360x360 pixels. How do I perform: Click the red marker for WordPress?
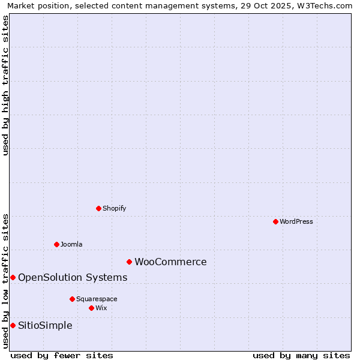pyautogui.click(x=275, y=221)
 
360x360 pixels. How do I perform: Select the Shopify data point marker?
pyautogui.click(x=98, y=208)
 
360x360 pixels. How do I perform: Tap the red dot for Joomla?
pyautogui.click(x=56, y=244)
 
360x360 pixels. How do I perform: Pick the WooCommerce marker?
pyautogui.click(x=129, y=262)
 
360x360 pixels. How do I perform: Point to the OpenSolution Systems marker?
pyautogui.click(x=13, y=277)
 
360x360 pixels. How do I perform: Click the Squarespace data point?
pyautogui.click(x=72, y=299)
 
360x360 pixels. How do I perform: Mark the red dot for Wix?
pyautogui.click(x=91, y=308)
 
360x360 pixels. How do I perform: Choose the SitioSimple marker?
pyautogui.click(x=13, y=325)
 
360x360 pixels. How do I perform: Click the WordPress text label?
pyautogui.click(x=296, y=221)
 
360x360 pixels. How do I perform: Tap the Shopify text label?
pyautogui.click(x=115, y=208)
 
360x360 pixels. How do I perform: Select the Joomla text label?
pyautogui.click(x=71, y=244)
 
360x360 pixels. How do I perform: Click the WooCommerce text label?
pyautogui.click(x=170, y=262)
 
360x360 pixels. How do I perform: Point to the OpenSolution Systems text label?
pyautogui.click(x=73, y=277)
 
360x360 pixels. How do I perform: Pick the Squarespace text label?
pyautogui.click(x=97, y=299)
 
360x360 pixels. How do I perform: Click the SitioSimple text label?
pyautogui.click(x=45, y=325)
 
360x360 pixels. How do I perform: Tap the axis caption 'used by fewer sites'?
pyautogui.click(x=62, y=355)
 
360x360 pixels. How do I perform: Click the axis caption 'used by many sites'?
pyautogui.click(x=301, y=355)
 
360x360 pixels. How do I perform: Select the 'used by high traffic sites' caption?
pyautogui.click(x=5, y=85)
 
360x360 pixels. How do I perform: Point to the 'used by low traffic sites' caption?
pyautogui.click(x=5, y=280)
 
